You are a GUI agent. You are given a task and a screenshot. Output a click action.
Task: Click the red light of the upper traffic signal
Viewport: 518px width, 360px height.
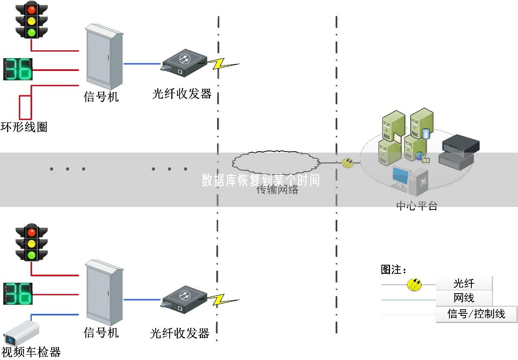(31, 8)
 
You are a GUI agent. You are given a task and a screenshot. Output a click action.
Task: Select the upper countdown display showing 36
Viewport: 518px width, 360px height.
(18, 69)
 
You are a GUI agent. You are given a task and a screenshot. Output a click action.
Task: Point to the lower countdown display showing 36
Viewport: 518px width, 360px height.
(18, 294)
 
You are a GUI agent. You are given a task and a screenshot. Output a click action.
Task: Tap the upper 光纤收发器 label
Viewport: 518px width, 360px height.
(182, 94)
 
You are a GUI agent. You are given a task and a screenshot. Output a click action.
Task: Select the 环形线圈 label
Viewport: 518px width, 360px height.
(24, 127)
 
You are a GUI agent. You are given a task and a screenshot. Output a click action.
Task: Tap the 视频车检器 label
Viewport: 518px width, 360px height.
(31, 352)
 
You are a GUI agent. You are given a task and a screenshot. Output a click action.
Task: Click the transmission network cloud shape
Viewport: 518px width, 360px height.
(276, 162)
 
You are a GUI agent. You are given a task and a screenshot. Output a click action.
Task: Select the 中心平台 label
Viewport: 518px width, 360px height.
(416, 205)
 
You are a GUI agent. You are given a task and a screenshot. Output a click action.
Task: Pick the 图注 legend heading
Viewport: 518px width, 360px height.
(393, 270)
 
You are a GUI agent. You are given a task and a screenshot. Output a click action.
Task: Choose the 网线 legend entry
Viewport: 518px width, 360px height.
(464, 298)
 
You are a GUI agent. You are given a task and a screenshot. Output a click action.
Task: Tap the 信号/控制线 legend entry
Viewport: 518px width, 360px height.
(476, 314)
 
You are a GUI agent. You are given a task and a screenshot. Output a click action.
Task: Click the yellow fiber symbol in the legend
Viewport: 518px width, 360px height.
(414, 284)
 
